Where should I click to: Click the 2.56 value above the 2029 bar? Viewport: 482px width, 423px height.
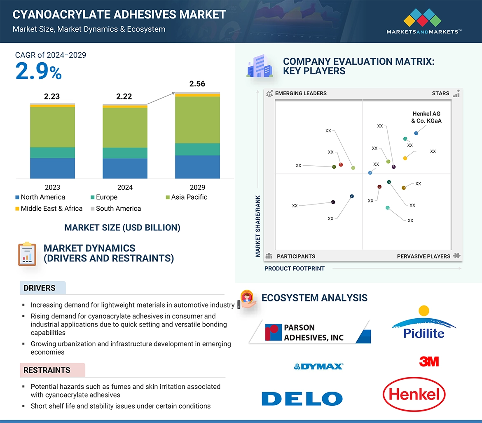[x=197, y=84]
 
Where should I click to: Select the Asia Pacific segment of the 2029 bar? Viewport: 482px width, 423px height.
[x=197, y=120]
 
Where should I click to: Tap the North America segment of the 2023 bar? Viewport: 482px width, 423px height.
[x=52, y=168]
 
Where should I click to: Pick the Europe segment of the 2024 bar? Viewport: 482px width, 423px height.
[x=125, y=153]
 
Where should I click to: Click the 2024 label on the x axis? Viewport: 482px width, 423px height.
[x=125, y=187]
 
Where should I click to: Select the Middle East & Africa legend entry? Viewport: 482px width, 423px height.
[x=49, y=209]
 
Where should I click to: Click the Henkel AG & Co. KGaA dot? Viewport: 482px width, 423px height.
[x=416, y=133]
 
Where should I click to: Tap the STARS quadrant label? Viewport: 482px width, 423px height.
[x=440, y=94]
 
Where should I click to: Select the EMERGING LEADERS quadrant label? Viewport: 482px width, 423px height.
[x=300, y=94]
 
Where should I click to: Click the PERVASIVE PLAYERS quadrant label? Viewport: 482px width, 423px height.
[x=424, y=256]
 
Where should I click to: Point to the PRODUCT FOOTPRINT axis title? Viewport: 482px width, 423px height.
[x=294, y=269]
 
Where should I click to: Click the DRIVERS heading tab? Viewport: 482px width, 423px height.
[x=40, y=288]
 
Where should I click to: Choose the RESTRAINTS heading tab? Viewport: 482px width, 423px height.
[x=47, y=370]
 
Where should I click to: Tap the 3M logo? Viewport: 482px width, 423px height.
[x=429, y=362]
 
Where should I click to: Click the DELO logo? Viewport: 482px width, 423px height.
[x=302, y=399]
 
